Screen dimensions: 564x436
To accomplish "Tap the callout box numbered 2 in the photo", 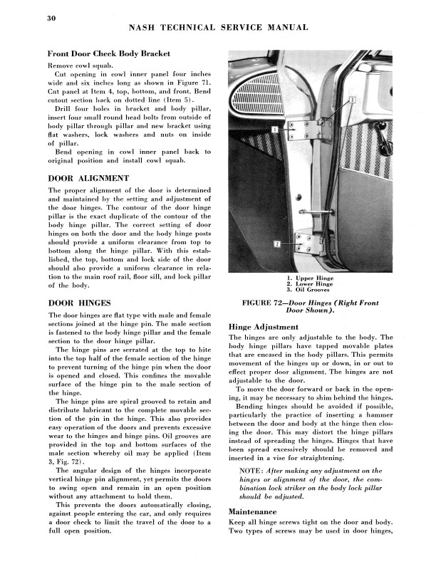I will click(x=276, y=244).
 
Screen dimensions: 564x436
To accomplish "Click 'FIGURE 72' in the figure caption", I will click(x=269, y=303).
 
